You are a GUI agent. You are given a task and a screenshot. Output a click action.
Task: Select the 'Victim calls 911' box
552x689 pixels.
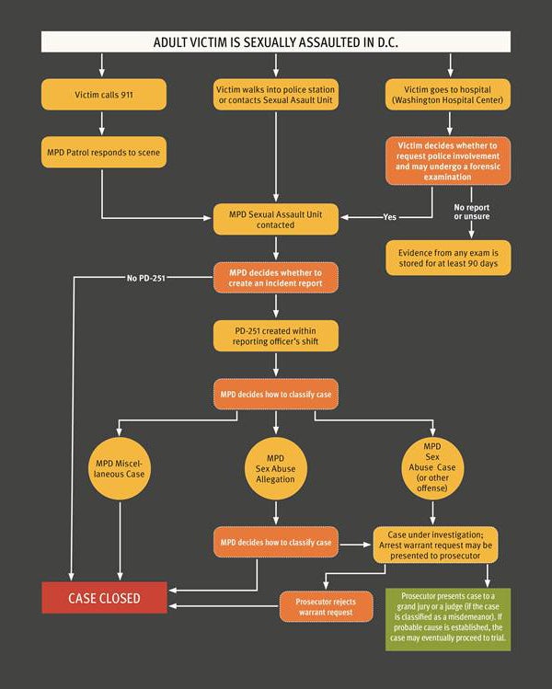click(x=104, y=95)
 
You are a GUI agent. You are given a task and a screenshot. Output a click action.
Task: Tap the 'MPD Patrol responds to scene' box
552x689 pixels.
click(x=104, y=151)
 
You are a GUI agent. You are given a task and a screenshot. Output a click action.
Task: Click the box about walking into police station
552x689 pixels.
click(x=276, y=95)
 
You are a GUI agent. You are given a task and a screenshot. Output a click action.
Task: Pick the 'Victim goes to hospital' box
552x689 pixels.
click(x=448, y=95)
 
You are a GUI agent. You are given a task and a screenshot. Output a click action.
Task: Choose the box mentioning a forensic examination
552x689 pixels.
click(x=448, y=161)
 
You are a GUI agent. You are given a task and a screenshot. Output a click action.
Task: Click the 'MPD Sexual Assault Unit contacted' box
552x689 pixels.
click(x=276, y=219)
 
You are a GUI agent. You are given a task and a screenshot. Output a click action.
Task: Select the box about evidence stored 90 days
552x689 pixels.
click(x=448, y=258)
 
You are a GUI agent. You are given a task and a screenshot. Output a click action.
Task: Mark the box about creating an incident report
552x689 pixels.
click(x=276, y=277)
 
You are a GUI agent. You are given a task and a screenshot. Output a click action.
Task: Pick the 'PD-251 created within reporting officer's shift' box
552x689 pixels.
click(x=276, y=336)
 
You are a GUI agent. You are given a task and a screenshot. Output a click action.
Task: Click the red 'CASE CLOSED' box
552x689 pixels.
click(x=104, y=598)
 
